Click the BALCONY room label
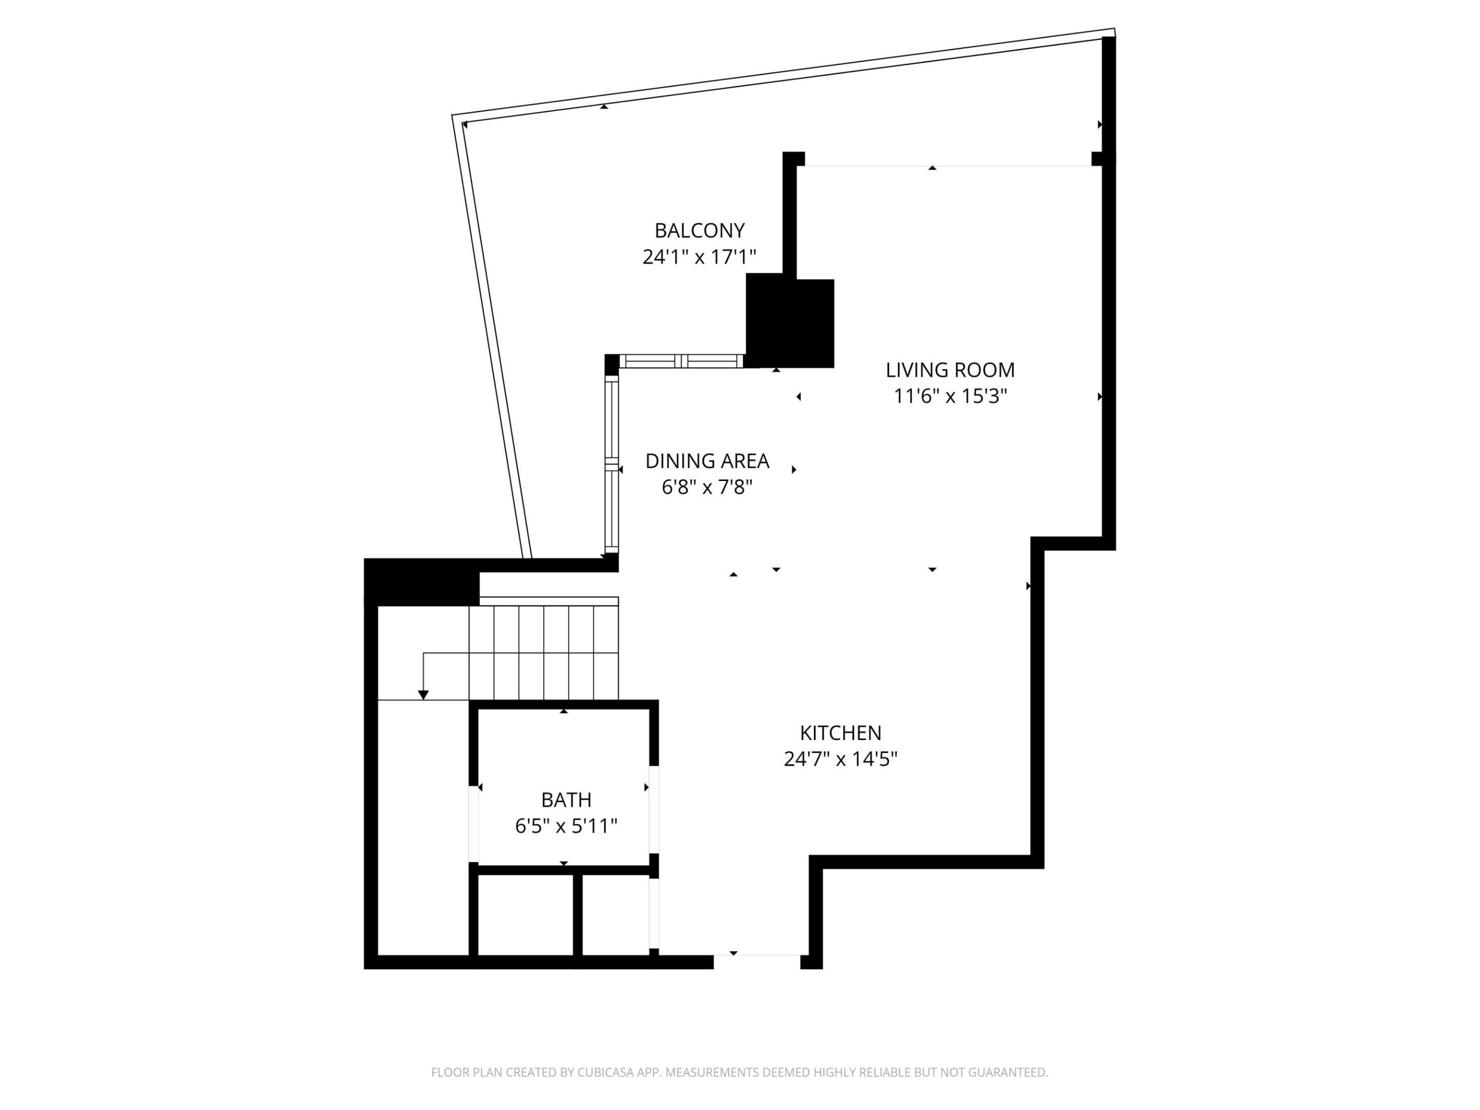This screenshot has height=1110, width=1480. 699,231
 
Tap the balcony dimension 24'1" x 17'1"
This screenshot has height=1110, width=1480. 699,257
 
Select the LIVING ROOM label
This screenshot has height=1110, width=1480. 950,370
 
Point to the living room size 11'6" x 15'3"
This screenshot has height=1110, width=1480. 950,396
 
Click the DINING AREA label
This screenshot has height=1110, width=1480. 707,461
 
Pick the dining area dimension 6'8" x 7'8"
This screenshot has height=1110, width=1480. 707,487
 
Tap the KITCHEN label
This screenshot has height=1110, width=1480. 840,733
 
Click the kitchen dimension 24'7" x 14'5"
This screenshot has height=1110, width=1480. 840,758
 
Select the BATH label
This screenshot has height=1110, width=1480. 566,800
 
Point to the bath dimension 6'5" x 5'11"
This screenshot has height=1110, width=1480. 566,826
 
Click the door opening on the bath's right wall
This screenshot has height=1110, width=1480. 654,809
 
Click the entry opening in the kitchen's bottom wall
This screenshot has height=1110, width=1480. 757,961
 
